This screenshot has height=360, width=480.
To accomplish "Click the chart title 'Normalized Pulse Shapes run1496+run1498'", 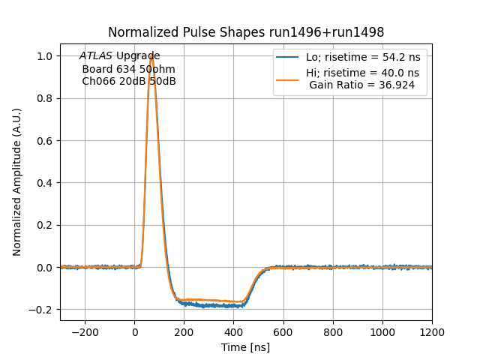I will [x=246, y=32].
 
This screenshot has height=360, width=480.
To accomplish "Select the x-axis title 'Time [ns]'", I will [x=245, y=347].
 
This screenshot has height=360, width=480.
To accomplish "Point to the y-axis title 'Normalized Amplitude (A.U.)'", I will [x=17, y=182].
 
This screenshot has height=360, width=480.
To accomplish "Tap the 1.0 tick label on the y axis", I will [x=45, y=56].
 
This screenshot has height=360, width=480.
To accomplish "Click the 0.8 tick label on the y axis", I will [x=45, y=98].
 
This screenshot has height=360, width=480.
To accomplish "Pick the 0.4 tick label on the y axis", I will [x=45, y=183].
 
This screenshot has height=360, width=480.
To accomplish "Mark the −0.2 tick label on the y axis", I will [x=42, y=310].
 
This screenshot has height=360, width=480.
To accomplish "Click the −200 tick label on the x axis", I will [x=85, y=331].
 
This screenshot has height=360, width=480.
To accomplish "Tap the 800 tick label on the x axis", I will [x=332, y=331].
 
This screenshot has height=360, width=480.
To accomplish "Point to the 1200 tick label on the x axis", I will [x=431, y=331].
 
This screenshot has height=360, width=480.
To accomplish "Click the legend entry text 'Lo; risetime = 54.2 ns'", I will [x=362, y=57].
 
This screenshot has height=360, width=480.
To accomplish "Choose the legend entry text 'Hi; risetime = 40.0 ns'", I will [x=362, y=73].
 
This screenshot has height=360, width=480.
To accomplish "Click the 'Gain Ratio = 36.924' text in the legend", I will [x=361, y=85].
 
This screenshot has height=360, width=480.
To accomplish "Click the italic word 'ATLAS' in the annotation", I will [x=95, y=56].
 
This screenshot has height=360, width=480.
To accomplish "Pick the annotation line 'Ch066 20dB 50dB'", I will [x=129, y=81].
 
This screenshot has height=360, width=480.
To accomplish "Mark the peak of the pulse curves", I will [x=151, y=55].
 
